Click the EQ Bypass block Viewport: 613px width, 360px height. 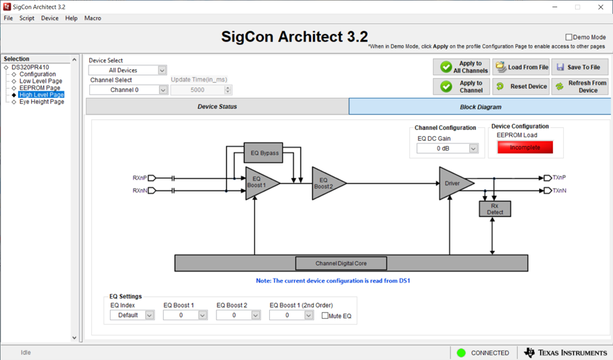(263, 153)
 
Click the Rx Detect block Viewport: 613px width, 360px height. (494, 209)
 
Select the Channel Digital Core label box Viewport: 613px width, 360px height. (341, 263)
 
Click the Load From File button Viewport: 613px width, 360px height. (521, 67)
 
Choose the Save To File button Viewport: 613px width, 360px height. (579, 67)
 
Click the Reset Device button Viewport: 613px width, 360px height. (521, 87)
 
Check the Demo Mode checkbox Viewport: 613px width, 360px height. (568, 37)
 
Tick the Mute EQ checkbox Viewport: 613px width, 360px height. (325, 315)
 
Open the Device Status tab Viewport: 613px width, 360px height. (217, 107)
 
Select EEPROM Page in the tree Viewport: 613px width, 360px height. (39, 88)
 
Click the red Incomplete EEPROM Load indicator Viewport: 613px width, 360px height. (525, 147)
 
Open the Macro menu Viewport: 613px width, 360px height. (93, 18)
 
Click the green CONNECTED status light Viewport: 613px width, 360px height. (461, 353)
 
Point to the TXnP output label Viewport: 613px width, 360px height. (559, 178)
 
